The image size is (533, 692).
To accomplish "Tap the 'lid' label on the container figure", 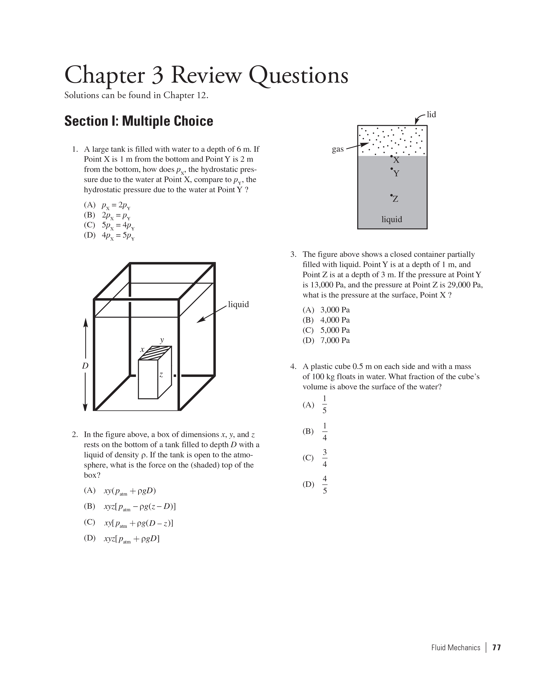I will click(x=431, y=114).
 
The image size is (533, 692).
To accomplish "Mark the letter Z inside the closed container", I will click(x=395, y=199).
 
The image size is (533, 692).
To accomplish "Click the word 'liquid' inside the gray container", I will click(x=392, y=219).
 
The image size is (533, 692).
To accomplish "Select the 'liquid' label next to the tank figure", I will click(x=238, y=305).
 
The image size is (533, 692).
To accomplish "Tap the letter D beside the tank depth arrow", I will click(x=85, y=366).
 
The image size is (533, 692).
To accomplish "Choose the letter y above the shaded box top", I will click(x=162, y=340).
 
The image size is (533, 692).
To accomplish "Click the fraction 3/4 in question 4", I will click(x=324, y=458).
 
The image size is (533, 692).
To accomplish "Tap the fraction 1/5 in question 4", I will click(x=324, y=405).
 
